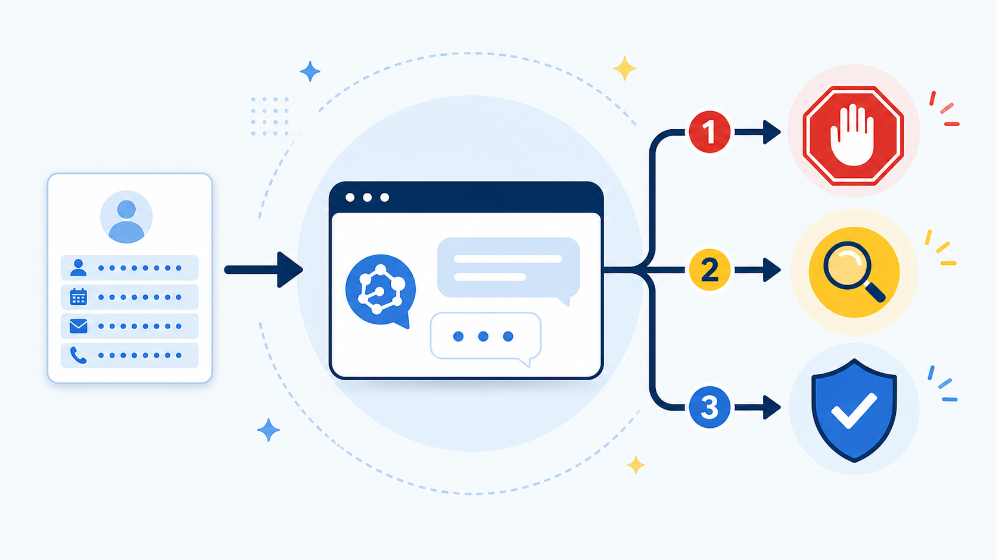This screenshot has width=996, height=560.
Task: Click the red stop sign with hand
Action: (x=853, y=136)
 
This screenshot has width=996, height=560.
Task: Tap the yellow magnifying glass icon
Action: (x=854, y=272)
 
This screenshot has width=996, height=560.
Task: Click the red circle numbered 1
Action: (x=709, y=132)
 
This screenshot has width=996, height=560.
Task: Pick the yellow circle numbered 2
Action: (x=709, y=270)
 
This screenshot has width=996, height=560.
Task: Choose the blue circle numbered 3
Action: (x=709, y=407)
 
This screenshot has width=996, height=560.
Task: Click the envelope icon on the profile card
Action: (x=79, y=326)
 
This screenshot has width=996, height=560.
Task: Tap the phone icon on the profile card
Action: (x=78, y=355)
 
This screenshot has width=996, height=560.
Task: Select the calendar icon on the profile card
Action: (x=79, y=296)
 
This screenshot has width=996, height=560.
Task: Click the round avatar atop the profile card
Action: (x=126, y=217)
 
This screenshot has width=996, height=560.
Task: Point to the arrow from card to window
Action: (x=264, y=270)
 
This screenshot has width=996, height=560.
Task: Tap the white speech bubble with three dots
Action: (x=485, y=337)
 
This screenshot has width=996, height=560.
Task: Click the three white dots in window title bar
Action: (x=368, y=197)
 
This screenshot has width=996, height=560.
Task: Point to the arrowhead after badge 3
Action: (x=771, y=407)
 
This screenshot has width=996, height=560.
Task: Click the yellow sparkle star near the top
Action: (x=625, y=68)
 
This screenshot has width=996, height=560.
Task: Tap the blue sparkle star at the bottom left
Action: (x=269, y=430)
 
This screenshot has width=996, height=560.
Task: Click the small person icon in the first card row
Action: (x=79, y=268)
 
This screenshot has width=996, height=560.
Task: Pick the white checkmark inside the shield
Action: (x=854, y=411)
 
